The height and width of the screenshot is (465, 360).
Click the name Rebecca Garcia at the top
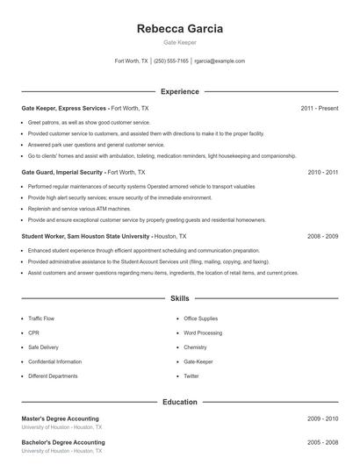point(180,28)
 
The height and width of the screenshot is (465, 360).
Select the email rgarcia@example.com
point(220,61)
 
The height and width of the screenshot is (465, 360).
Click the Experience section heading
point(180,91)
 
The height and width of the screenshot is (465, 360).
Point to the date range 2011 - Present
point(320,108)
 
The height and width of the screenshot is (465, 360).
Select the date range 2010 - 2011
point(323,173)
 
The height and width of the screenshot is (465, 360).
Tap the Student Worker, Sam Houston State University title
point(86,237)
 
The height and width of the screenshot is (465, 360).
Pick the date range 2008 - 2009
point(323,237)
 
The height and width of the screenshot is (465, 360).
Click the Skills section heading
point(180,299)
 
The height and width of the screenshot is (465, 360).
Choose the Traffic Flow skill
point(42,318)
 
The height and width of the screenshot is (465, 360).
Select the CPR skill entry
point(33,333)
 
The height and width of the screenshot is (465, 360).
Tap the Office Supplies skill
point(200,318)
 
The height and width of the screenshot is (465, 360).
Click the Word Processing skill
point(202,333)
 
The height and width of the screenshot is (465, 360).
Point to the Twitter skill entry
point(191,376)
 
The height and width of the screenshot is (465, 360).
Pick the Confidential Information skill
point(54,361)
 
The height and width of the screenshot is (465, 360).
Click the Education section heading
point(180,402)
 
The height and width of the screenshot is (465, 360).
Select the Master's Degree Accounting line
point(60,418)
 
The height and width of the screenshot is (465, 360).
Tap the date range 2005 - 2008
point(323,442)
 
